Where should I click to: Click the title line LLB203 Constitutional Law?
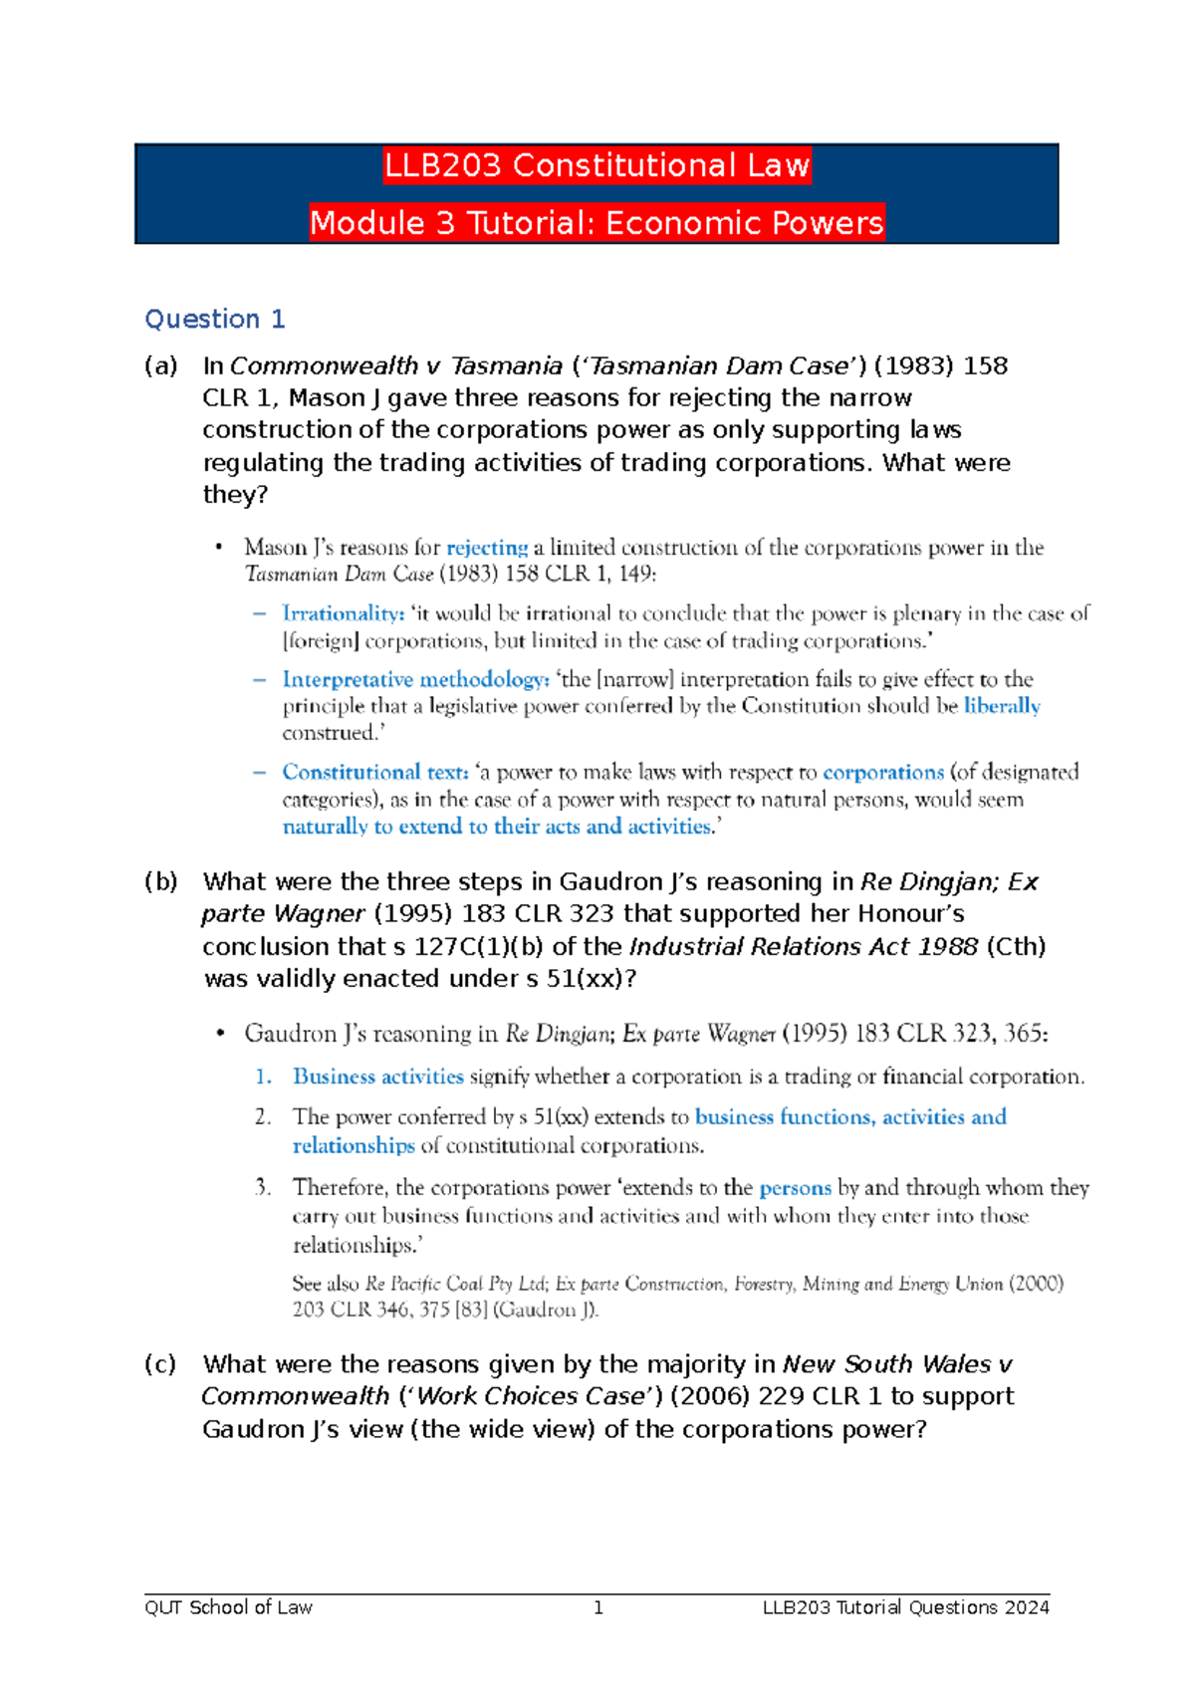(x=597, y=165)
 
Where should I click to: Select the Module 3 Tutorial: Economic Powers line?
(x=597, y=222)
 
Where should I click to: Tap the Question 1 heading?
(x=215, y=319)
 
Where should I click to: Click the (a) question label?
(x=160, y=366)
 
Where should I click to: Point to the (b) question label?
(x=160, y=881)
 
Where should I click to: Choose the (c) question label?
(x=160, y=1364)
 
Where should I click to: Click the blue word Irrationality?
(x=343, y=613)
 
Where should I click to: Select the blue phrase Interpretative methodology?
(x=415, y=679)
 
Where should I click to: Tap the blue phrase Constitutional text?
(x=374, y=772)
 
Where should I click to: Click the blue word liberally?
(x=1002, y=706)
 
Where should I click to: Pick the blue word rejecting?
(x=487, y=548)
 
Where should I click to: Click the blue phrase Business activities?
(x=377, y=1077)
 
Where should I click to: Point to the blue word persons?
(x=795, y=1188)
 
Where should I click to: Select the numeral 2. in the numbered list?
(x=263, y=1117)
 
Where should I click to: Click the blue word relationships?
(x=354, y=1145)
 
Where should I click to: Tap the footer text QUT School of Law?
(x=228, y=1607)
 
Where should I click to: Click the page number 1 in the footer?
(x=597, y=1607)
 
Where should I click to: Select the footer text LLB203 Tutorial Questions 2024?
(x=905, y=1607)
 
